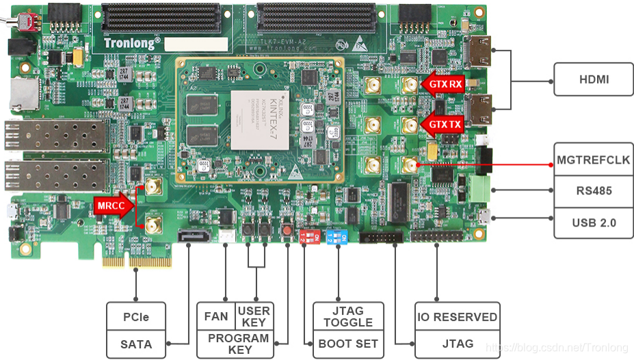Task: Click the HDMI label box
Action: pos(594,79)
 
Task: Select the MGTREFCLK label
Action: pos(594,161)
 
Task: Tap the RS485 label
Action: pos(594,192)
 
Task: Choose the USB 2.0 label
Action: pos(594,222)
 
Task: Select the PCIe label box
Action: pos(136,317)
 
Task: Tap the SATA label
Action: pos(136,343)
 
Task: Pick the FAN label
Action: pos(216,317)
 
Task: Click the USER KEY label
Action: pos(254,317)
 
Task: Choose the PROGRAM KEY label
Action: pos(238,344)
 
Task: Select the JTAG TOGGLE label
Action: pos(348,317)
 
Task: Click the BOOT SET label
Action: pos(348,343)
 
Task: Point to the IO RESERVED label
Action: pos(458,317)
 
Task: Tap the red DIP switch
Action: pos(306,236)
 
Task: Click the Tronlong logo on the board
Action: pos(133,42)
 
